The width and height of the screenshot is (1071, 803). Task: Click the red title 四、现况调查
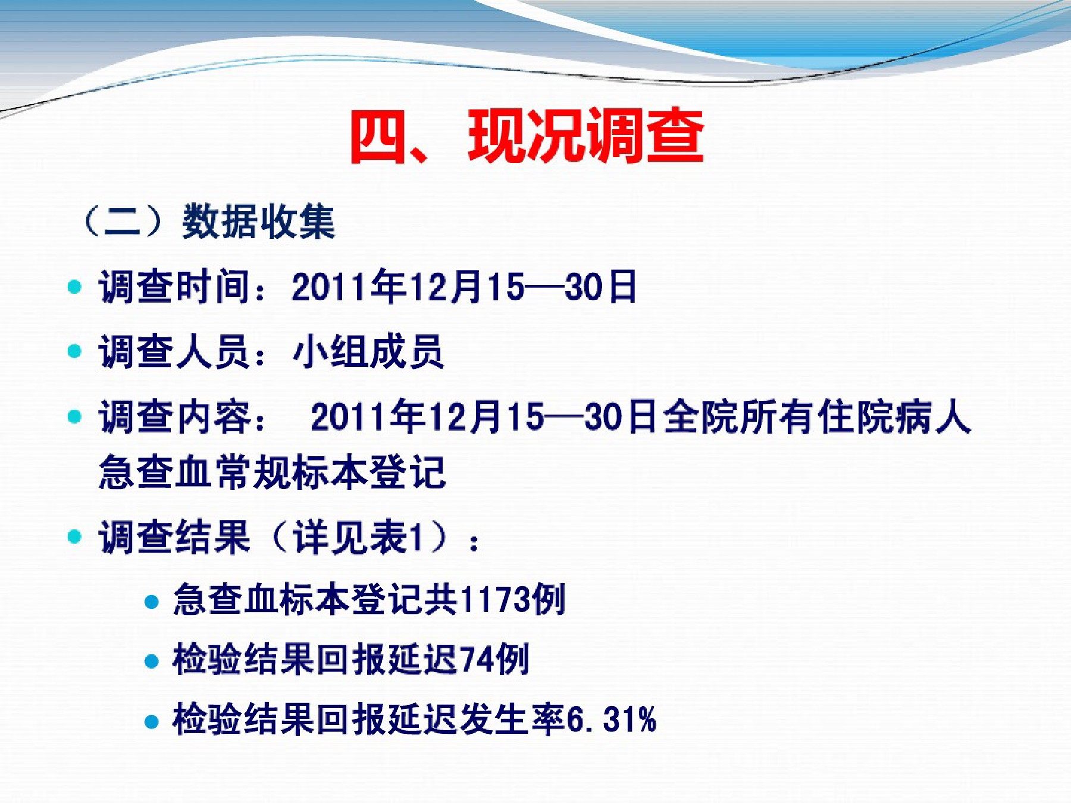(x=527, y=136)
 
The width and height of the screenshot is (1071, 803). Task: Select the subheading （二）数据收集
(x=208, y=222)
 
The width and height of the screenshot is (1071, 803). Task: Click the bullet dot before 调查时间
(x=74, y=287)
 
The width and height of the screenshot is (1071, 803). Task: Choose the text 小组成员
(x=368, y=352)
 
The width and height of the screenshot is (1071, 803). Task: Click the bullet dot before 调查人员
(x=74, y=352)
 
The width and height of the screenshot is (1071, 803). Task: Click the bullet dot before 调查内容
(x=74, y=416)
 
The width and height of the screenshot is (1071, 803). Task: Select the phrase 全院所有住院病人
(x=816, y=416)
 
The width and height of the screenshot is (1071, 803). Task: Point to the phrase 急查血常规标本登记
(x=273, y=472)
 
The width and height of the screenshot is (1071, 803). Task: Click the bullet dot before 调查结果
(x=74, y=537)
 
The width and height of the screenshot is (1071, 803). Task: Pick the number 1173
(x=495, y=599)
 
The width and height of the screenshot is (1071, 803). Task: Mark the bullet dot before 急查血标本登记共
(x=152, y=601)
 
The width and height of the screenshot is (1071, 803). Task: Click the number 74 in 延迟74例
(x=477, y=659)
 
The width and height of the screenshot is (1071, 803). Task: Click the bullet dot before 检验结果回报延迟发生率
(x=152, y=722)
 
